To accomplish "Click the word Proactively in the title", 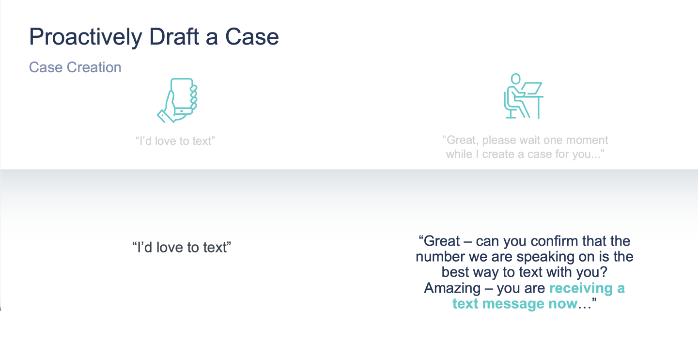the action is [x=86, y=37].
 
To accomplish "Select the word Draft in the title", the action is [x=174, y=37].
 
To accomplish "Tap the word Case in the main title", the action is [x=252, y=37].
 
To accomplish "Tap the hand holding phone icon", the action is [x=177, y=100].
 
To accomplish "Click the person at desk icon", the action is [x=524, y=96].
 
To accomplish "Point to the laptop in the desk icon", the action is [x=532, y=88].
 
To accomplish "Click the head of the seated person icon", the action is [x=516, y=78].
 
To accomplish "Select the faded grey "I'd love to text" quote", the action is [x=175, y=141].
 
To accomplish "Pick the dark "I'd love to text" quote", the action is [x=182, y=247].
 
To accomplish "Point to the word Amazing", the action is [x=452, y=288].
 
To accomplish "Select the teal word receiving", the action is [x=581, y=288].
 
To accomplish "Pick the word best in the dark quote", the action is [x=455, y=272].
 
